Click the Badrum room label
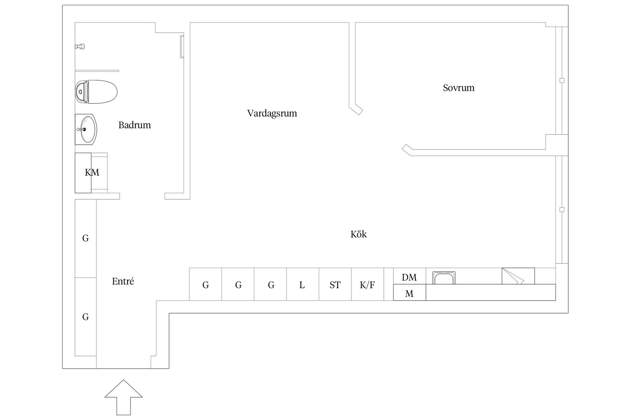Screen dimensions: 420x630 134,125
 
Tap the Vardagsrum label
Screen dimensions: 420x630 272,113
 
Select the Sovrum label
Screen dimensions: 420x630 459,88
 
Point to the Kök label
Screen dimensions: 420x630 359,234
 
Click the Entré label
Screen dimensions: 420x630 123,281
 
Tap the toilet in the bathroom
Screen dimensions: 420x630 96,92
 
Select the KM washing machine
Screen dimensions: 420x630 91,173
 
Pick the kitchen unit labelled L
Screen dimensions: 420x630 302,285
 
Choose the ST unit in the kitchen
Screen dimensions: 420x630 335,285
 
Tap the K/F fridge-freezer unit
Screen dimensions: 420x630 367,285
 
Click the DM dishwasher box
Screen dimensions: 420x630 409,277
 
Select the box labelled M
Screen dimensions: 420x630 409,294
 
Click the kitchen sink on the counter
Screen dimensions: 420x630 444,278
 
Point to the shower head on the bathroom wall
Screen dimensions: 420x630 80,47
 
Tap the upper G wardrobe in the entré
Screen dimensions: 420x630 86,238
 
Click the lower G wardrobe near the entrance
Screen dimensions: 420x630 86,317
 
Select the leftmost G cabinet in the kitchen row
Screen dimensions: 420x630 205,285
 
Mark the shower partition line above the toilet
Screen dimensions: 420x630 97,71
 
